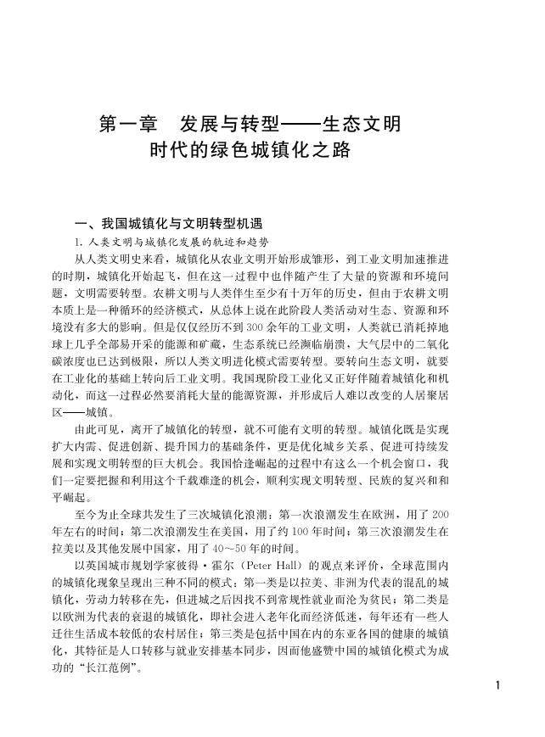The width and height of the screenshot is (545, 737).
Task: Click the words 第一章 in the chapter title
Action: pyautogui.click(x=127, y=125)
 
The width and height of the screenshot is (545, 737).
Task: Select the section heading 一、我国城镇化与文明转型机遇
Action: pyautogui.click(x=170, y=224)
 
